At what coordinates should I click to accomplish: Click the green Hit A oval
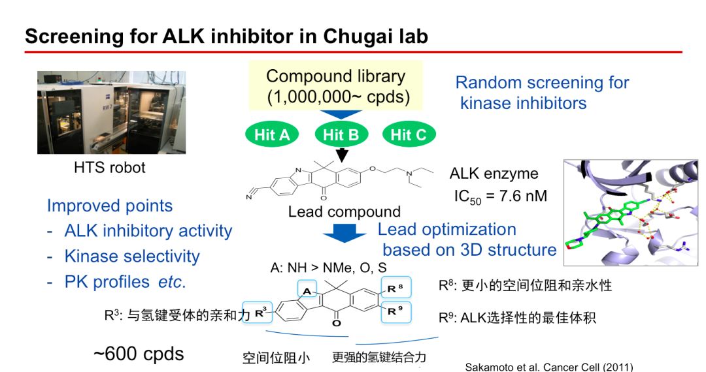point(272,135)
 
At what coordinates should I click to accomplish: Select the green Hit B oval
point(341,135)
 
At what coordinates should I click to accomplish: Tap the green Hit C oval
point(408,135)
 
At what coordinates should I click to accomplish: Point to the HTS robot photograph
point(111,113)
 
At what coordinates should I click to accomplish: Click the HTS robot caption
point(110,168)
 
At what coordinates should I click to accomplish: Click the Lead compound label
point(345,212)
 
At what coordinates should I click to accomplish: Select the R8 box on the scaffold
point(395,288)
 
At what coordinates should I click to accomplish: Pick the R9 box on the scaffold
point(395,311)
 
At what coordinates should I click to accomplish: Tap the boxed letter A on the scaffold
point(307,290)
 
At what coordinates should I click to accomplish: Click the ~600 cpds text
point(139,354)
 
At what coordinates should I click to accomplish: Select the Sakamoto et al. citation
point(549,367)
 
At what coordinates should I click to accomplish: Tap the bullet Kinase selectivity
point(131,256)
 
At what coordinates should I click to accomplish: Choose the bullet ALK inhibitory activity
point(148,231)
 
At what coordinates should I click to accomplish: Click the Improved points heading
point(110,206)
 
